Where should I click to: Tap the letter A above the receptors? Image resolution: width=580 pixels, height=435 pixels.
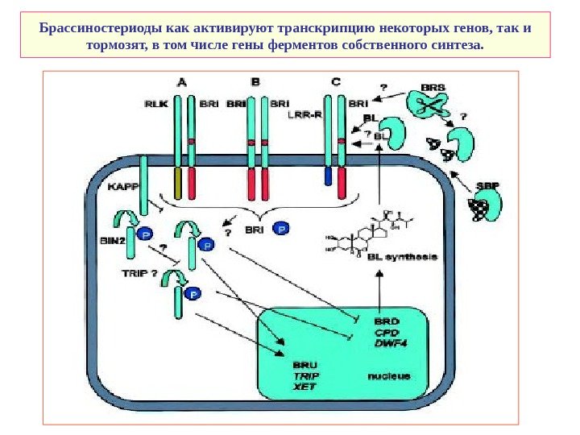click(x=183, y=81)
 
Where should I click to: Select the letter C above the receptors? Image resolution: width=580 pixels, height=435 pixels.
click(x=336, y=81)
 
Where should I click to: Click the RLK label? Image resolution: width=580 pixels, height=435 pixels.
click(x=155, y=104)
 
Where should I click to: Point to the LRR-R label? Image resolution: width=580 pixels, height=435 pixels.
click(x=303, y=114)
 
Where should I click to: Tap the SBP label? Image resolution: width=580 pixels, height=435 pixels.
click(x=487, y=185)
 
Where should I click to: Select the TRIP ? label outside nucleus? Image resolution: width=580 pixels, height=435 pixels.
click(x=140, y=273)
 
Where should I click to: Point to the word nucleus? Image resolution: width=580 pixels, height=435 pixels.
click(x=389, y=375)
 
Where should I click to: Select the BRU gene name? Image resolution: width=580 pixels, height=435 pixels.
click(x=304, y=364)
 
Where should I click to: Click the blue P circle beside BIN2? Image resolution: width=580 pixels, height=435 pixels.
click(x=145, y=234)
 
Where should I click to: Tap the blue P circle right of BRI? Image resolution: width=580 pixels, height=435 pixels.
click(x=281, y=230)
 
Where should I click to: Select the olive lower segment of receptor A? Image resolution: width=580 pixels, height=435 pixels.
click(x=178, y=184)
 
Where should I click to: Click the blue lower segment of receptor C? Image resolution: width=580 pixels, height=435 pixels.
click(x=329, y=176)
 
